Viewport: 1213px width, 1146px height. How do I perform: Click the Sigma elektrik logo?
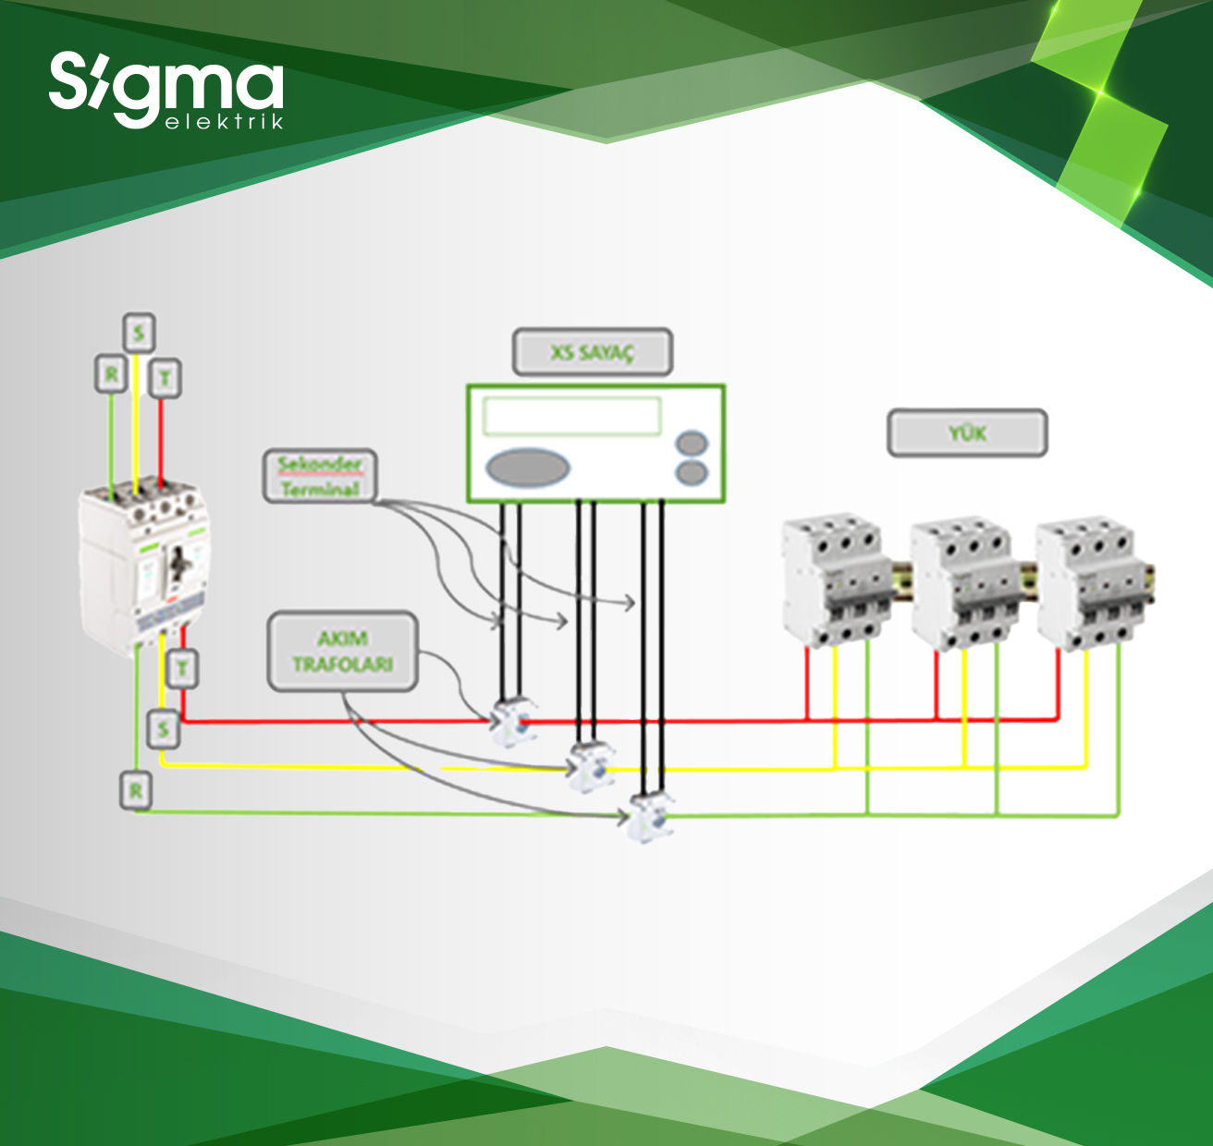click(x=166, y=90)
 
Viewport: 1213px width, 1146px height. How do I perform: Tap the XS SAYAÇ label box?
click(x=593, y=352)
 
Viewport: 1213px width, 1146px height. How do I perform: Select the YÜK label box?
click(x=967, y=433)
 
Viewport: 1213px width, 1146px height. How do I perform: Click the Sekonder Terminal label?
click(x=320, y=476)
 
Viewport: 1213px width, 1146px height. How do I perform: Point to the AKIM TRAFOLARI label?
click(x=343, y=651)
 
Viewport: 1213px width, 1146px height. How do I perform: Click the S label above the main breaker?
click(x=139, y=333)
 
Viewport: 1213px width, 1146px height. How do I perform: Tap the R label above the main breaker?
click(x=112, y=374)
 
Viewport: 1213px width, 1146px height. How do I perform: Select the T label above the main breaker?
click(x=165, y=378)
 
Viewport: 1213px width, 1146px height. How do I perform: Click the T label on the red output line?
click(x=183, y=667)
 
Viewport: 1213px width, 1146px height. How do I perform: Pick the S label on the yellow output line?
click(x=164, y=729)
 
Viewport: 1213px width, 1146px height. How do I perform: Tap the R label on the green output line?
click(x=136, y=791)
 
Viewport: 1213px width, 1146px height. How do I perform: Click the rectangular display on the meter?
click(x=571, y=416)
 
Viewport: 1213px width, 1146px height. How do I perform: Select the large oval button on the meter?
click(x=527, y=467)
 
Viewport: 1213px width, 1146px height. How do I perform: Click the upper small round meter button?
click(x=692, y=443)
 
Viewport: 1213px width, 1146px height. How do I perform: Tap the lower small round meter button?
click(x=692, y=473)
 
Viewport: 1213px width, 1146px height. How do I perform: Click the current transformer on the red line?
click(x=512, y=722)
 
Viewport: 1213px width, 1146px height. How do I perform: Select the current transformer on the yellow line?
click(x=589, y=766)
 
